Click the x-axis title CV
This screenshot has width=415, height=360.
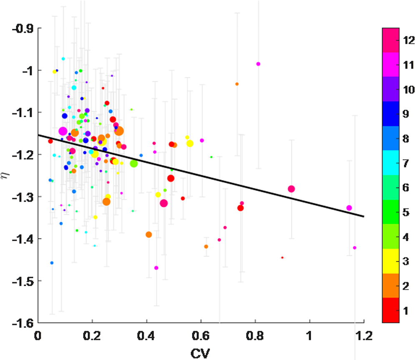click(201, 352)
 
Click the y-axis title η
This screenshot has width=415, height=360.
click(5, 176)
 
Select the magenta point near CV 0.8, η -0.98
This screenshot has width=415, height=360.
click(258, 64)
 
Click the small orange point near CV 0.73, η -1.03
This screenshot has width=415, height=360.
click(237, 84)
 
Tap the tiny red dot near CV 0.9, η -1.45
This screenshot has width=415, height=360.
click(282, 257)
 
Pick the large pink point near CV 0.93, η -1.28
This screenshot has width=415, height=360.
click(291, 189)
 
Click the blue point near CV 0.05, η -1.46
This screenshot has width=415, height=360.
click(52, 263)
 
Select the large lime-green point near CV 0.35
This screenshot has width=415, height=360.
click(134, 164)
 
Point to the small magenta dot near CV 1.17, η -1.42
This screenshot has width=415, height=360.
click(355, 248)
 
